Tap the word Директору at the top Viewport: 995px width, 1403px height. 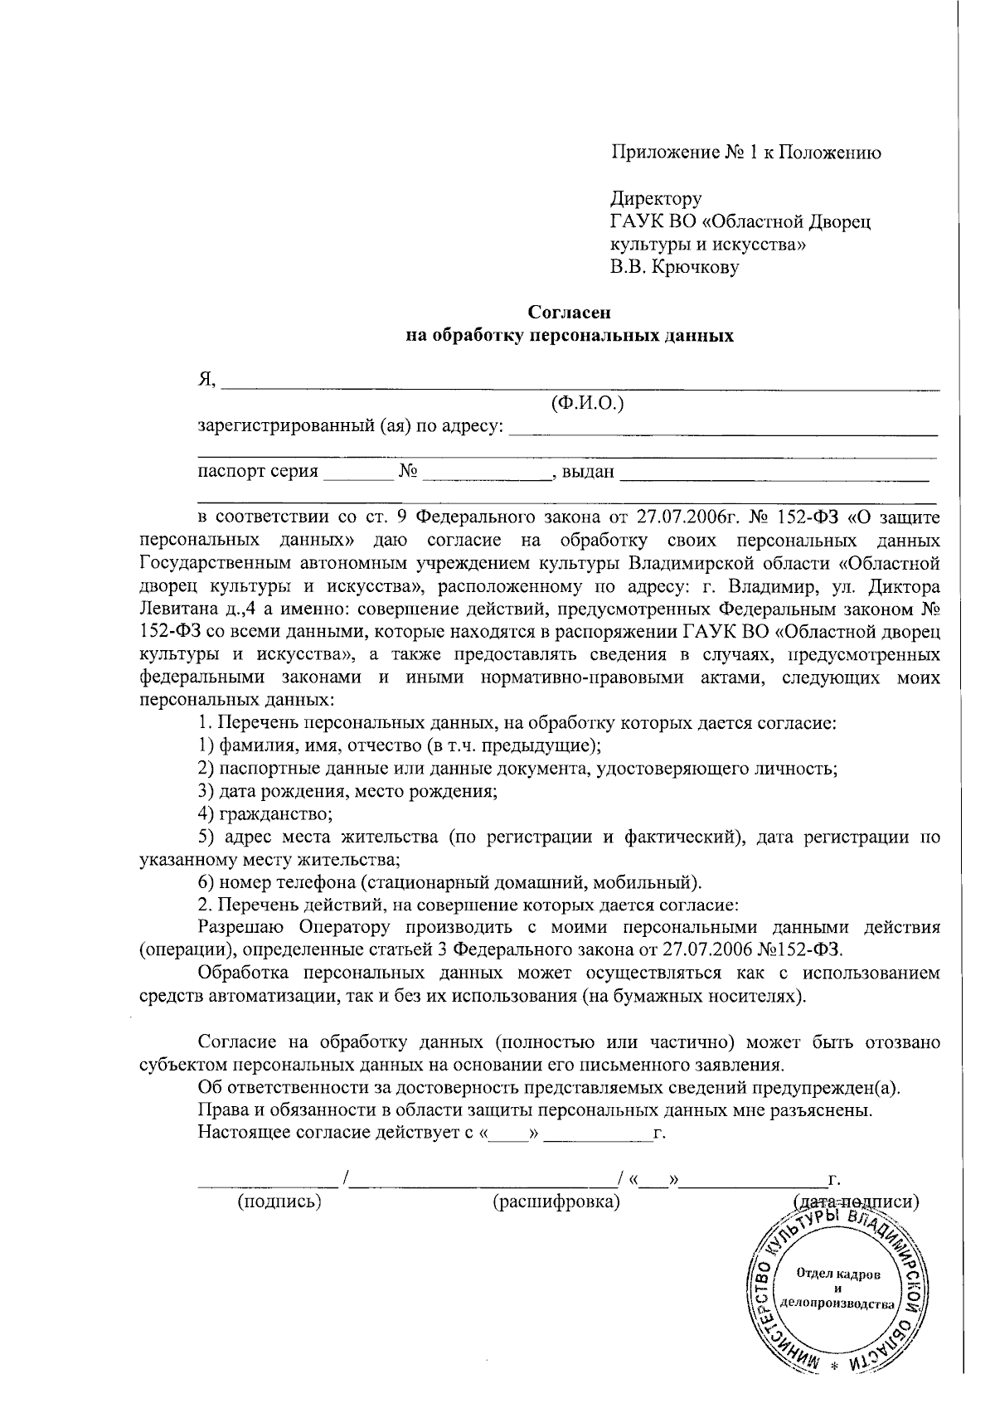tap(656, 199)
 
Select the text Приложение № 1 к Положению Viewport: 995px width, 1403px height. tap(746, 153)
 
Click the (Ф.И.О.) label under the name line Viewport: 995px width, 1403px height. tap(587, 404)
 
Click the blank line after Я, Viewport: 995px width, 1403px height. tap(580, 384)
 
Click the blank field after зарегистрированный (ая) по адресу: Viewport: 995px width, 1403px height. tap(721, 430)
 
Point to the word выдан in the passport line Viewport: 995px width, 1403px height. tap(588, 473)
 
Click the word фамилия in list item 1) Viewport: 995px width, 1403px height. tap(249, 744)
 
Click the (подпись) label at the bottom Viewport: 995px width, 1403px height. tap(279, 1202)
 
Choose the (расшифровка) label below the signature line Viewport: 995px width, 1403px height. tap(556, 1202)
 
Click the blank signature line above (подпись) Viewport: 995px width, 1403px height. tap(269, 1179)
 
